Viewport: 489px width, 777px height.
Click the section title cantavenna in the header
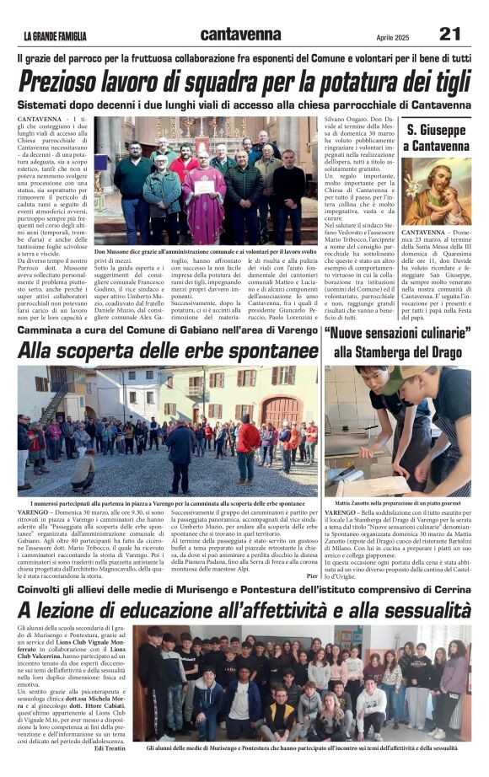241,35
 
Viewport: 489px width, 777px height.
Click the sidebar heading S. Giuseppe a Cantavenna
435,138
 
